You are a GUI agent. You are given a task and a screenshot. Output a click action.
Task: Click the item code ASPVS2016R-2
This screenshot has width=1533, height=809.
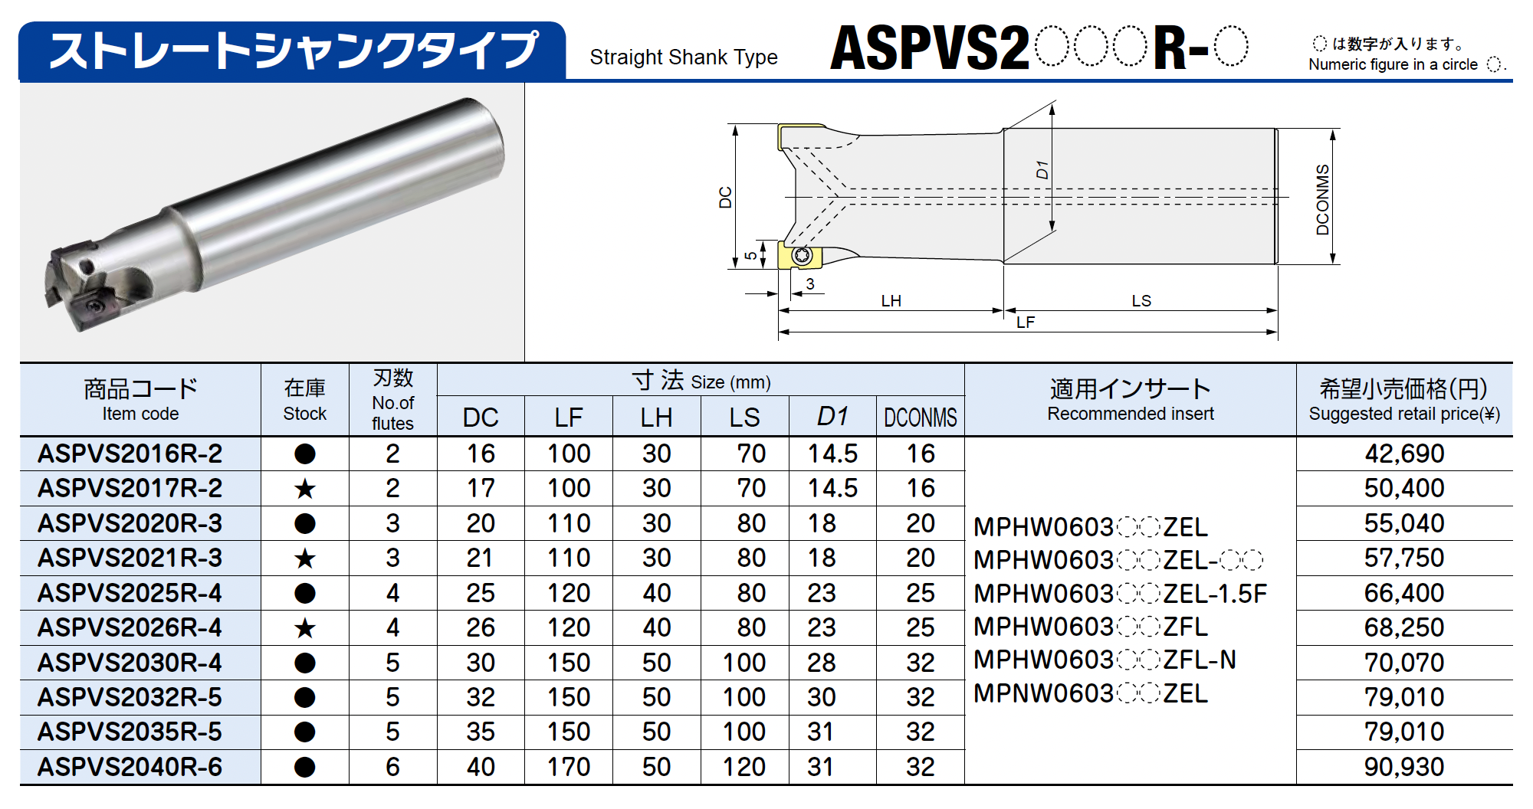[130, 454]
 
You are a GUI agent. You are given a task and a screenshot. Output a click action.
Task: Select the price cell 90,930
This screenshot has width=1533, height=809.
[1403, 767]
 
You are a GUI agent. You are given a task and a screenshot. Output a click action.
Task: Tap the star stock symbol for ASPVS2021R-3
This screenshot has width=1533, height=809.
[305, 558]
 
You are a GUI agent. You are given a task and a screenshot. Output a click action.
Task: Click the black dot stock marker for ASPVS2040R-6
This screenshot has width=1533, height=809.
[305, 767]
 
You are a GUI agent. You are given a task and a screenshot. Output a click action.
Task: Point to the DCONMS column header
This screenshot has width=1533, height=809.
[920, 418]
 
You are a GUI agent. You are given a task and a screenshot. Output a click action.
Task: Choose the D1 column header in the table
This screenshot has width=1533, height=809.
[832, 417]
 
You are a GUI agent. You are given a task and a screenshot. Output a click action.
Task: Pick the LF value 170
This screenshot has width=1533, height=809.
[568, 767]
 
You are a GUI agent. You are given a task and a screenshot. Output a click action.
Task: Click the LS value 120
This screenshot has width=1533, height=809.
[744, 767]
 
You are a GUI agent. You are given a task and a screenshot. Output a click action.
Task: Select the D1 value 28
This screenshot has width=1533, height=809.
[821, 663]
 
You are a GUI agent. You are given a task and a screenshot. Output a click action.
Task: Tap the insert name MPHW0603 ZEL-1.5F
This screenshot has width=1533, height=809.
[1120, 594]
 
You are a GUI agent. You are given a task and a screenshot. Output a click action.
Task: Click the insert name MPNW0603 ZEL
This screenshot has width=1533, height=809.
[1090, 693]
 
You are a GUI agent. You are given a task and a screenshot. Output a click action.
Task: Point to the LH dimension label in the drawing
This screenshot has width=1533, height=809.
[891, 300]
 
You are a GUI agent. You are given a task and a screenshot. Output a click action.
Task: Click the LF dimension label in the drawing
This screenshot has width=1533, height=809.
[1025, 323]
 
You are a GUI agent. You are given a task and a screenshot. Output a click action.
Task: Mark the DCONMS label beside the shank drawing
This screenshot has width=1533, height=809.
[1322, 199]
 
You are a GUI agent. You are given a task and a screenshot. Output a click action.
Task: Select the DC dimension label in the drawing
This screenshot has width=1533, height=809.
[725, 197]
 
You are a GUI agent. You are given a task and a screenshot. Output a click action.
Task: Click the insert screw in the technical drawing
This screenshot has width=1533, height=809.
[802, 255]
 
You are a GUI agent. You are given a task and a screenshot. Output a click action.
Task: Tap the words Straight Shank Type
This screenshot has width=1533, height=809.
[683, 57]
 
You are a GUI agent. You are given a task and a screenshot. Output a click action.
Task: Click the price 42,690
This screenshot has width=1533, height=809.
[1403, 454]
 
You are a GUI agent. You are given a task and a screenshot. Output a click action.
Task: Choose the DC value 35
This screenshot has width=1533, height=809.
[481, 732]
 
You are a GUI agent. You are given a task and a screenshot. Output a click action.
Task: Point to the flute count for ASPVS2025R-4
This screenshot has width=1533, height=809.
[392, 593]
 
